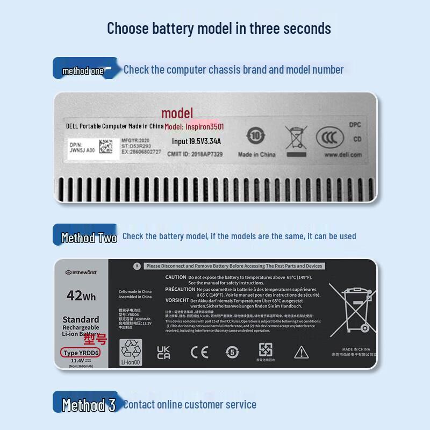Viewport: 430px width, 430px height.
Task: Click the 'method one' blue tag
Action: pyautogui.click(x=83, y=70)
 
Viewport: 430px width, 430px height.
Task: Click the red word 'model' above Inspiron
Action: pyautogui.click(x=177, y=113)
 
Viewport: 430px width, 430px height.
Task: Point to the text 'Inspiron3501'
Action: pyautogui.click(x=205, y=127)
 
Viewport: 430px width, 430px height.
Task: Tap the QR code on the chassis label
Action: pyautogui.click(x=108, y=147)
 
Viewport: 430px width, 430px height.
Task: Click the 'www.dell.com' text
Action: pyautogui.click(x=342, y=155)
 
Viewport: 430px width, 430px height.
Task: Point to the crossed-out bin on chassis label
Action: pyautogui.click(x=294, y=137)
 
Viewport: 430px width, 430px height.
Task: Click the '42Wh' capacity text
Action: pyautogui.click(x=81, y=296)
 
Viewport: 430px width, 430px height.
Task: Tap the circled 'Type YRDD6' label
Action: pyautogui.click(x=81, y=353)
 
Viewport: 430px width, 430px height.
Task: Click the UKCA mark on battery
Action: pyautogui.click(x=163, y=353)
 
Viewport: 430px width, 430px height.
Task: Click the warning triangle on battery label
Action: pyautogui.click(x=300, y=353)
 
